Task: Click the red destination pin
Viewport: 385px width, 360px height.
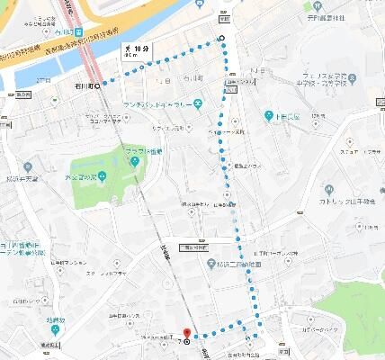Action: coord(187,333)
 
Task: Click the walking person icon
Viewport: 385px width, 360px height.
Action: coord(128,47)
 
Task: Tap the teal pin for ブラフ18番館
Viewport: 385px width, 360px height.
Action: coord(134,162)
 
